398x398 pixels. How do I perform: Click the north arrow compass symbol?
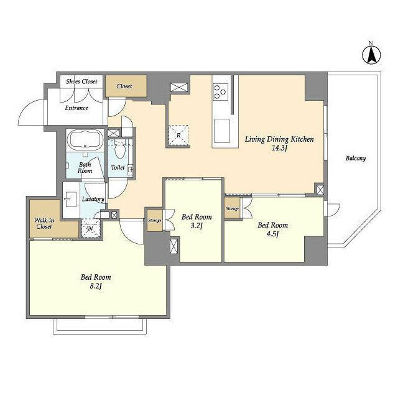(371, 54)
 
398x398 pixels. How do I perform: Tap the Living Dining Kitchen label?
(279, 139)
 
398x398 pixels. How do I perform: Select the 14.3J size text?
(279, 148)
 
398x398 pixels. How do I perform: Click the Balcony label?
(356, 159)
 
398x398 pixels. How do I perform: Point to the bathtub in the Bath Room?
(85, 139)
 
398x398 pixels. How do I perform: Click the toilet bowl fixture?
(119, 149)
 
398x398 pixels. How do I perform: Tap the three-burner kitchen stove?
(221, 92)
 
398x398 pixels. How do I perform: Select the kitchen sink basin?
(222, 131)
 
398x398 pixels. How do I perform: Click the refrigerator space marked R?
(178, 136)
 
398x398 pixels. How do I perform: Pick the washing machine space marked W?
(90, 228)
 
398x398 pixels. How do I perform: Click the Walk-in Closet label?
(44, 223)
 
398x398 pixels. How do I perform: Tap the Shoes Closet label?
(81, 81)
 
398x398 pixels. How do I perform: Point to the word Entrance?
(76, 108)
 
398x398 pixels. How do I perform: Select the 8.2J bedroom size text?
(96, 286)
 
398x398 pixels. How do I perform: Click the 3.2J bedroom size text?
(197, 225)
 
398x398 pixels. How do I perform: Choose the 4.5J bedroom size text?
(272, 234)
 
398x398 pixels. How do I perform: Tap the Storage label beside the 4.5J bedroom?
(232, 209)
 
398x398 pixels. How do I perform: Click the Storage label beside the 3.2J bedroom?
(155, 220)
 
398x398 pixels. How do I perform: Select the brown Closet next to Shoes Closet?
(126, 86)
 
